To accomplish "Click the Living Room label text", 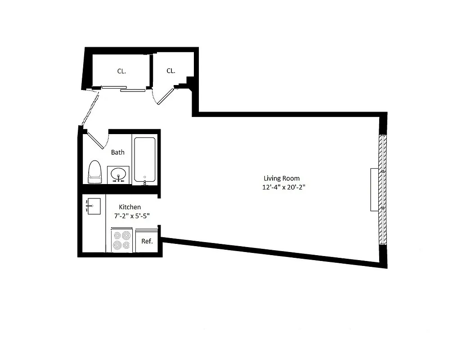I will pos(281,178).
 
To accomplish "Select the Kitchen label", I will pos(130,207).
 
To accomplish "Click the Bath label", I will pos(118,152).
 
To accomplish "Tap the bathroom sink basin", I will pos(119,174).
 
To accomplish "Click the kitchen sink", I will pos(94,207).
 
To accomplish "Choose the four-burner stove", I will pos(121,240).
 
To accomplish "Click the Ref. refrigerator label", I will pos(147,241).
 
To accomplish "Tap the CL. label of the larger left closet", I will pos(121,71).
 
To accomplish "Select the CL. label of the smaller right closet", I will pos(171,71).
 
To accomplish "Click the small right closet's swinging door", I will pos(165,96).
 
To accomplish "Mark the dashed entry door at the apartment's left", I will pos(89,108).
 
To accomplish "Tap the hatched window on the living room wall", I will pos(382,189).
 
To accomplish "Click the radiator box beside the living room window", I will pos(374,189).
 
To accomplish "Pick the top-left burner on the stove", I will pos(117,235).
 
